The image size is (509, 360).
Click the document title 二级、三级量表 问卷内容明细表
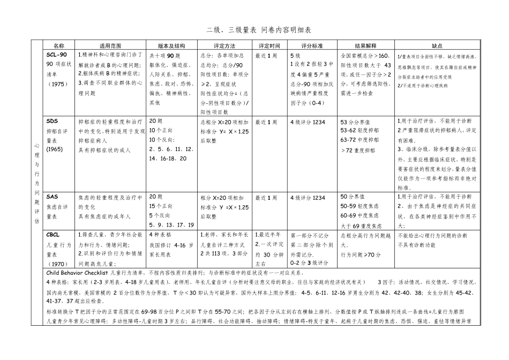point(254,31)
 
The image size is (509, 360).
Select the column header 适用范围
point(110,46)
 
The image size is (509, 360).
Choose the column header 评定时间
point(269,46)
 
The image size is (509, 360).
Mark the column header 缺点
point(437,46)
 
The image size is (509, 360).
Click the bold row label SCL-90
point(57,55)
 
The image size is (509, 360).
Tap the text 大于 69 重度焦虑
point(361,226)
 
